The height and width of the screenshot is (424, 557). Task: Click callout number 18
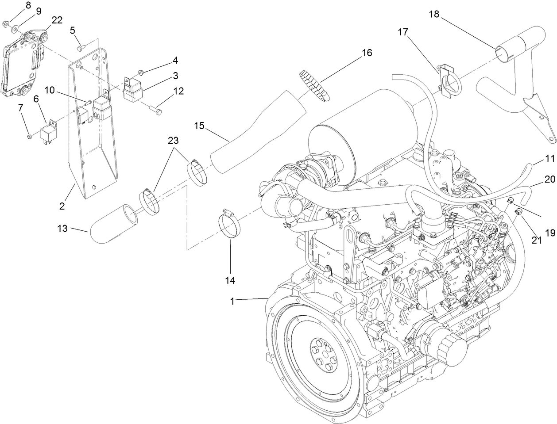pyautogui.click(x=434, y=15)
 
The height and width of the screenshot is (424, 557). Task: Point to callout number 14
pyautogui.click(x=231, y=280)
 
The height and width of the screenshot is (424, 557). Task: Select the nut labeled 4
pyautogui.click(x=141, y=71)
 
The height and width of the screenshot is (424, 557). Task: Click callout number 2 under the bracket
pyautogui.click(x=62, y=206)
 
